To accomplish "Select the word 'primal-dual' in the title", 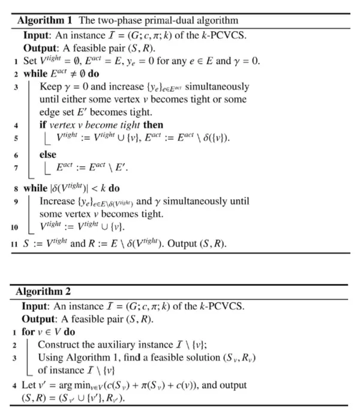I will (134, 20).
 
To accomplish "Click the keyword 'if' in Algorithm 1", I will (43, 125).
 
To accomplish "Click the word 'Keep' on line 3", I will (50, 86).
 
